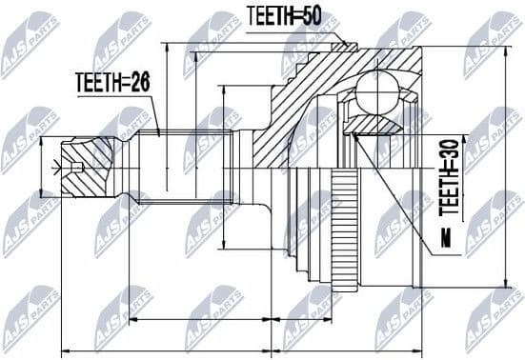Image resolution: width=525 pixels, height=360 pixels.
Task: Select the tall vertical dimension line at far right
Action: [x=505, y=167]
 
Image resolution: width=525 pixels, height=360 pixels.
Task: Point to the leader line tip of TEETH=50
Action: [x=349, y=43]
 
